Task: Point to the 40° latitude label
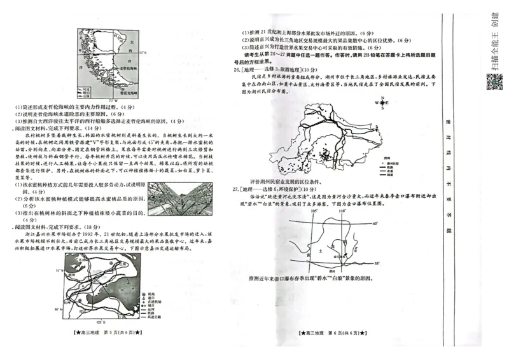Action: (x=375, y=224)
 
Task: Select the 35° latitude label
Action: (x=377, y=262)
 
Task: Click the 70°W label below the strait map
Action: (x=114, y=100)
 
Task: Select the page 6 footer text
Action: (x=329, y=333)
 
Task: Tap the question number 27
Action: (x=236, y=189)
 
